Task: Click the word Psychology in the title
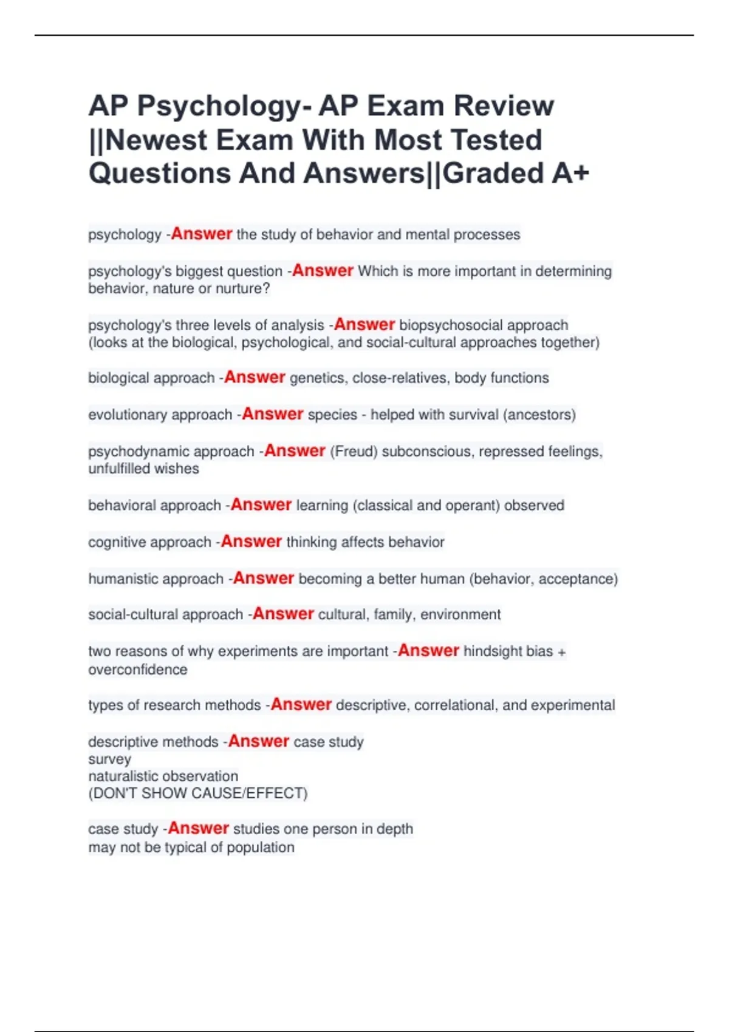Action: click(218, 107)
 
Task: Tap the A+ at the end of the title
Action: click(570, 173)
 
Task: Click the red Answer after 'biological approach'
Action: click(255, 378)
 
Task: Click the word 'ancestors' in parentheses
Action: click(539, 415)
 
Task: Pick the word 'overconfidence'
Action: click(138, 670)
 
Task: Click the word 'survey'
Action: click(109, 759)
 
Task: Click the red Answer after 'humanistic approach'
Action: click(264, 579)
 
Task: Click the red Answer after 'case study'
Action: click(198, 829)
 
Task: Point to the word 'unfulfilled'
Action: click(120, 469)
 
